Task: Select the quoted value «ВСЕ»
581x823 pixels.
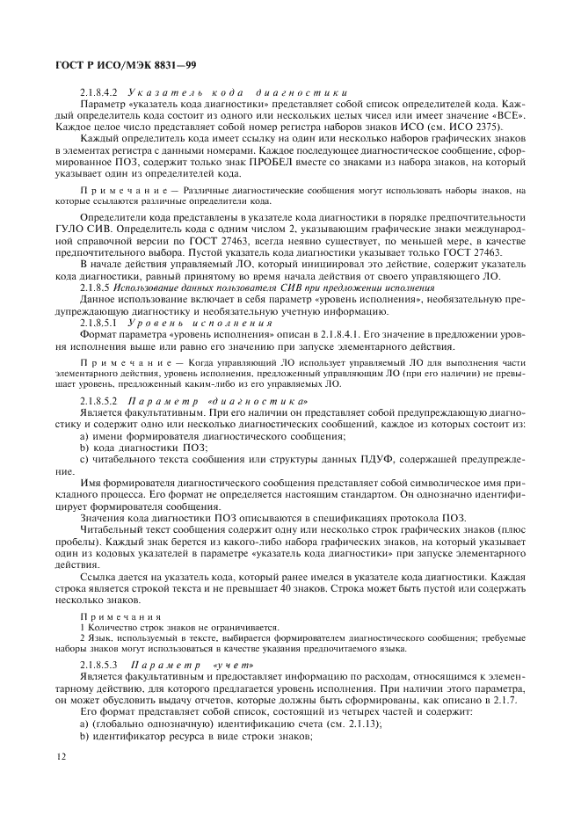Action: tap(507, 114)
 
